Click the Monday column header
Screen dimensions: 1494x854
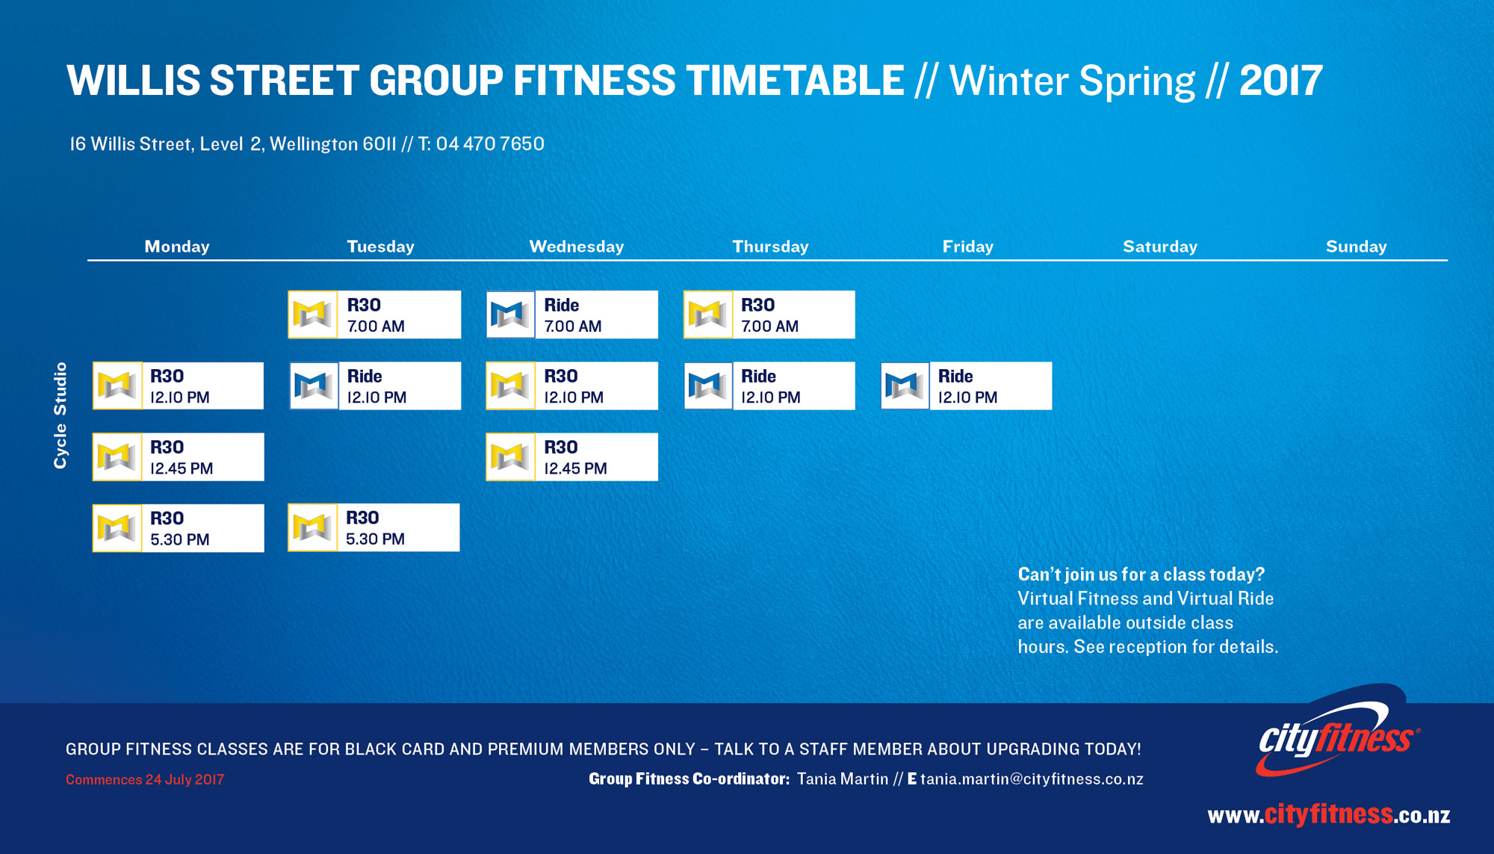(x=177, y=247)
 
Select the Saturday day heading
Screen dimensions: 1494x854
(x=1160, y=247)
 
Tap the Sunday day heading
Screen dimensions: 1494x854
(x=1356, y=247)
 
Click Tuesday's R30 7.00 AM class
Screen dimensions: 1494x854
(x=374, y=315)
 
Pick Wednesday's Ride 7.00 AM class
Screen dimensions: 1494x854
(x=572, y=315)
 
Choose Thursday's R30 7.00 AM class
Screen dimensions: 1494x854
(x=769, y=315)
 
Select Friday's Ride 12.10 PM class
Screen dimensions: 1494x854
(x=967, y=386)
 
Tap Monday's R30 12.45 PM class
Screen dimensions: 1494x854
(x=178, y=457)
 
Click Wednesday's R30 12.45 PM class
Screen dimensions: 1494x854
(x=572, y=457)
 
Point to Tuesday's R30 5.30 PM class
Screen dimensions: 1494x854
(x=373, y=527)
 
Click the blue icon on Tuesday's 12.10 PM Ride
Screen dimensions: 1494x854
(x=314, y=386)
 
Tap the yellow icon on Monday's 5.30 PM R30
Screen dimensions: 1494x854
(x=117, y=528)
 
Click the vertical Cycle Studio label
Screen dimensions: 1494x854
(x=61, y=415)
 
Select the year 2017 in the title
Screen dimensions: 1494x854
(x=1281, y=81)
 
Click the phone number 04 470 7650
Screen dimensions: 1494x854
(x=490, y=143)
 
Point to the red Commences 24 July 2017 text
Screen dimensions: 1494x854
(x=145, y=779)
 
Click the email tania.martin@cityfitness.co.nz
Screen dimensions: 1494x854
(x=1032, y=779)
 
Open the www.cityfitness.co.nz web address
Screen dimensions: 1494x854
(x=1329, y=814)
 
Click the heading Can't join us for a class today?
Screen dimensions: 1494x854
(x=1141, y=575)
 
